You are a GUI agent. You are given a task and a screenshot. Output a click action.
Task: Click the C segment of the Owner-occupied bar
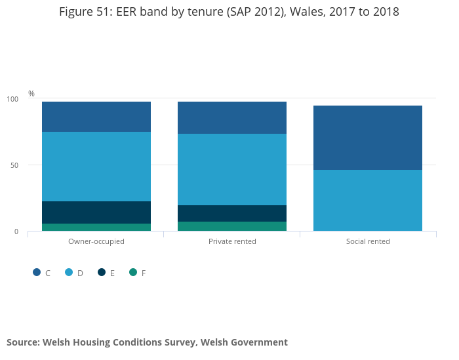point(96,117)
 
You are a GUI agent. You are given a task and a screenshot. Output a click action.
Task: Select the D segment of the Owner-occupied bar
point(96,167)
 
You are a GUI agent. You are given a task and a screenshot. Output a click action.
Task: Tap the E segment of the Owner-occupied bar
point(96,212)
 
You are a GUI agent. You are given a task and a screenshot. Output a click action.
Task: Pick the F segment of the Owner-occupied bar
point(96,228)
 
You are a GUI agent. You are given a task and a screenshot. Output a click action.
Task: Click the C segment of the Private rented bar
point(232,118)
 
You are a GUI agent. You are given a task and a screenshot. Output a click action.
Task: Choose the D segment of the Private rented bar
point(232,170)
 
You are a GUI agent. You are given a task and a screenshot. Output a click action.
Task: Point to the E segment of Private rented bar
point(232,214)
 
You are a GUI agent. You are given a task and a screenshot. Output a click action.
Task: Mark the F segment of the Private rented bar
point(232,226)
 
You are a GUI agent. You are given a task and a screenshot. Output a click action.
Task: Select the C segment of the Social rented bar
point(368,138)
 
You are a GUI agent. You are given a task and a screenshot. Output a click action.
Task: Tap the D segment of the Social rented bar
point(368,201)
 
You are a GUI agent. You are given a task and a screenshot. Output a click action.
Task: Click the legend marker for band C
point(37,272)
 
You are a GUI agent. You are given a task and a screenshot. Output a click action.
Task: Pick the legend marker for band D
point(69,272)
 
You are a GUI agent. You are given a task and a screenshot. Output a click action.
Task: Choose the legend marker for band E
point(102,272)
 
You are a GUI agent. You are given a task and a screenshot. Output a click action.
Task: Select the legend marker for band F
point(133,272)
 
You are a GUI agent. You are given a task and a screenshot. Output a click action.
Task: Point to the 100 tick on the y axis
point(13,99)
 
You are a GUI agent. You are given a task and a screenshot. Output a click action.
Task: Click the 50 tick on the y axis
point(15,165)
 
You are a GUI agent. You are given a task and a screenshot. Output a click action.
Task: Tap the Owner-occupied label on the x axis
point(96,241)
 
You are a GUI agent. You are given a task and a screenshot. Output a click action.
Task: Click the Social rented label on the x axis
point(368,241)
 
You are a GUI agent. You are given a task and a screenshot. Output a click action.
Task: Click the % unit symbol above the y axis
point(31,94)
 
